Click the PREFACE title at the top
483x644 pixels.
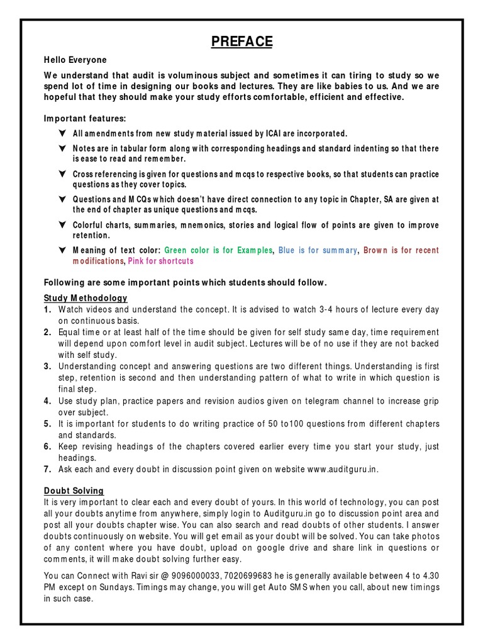point(241,42)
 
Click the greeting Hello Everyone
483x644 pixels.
point(75,60)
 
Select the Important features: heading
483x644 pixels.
point(84,118)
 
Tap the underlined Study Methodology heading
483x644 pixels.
point(86,297)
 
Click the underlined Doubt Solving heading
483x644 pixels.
point(74,491)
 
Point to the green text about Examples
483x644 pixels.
point(218,250)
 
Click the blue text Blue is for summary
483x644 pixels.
point(316,250)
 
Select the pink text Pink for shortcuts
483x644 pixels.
point(160,261)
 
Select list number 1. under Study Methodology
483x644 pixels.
point(48,309)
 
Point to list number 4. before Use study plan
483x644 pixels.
point(48,401)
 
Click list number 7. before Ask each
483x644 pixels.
point(48,469)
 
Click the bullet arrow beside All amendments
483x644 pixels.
point(61,134)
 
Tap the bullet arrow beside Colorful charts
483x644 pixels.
point(61,225)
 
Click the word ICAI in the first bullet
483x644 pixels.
point(287,134)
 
